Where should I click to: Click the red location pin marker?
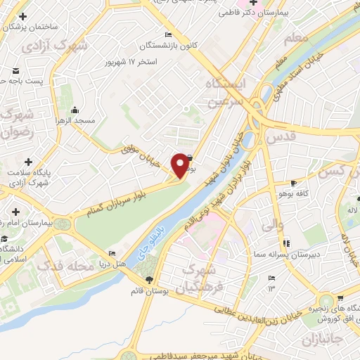point(181,164)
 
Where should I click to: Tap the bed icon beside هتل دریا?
point(112,253)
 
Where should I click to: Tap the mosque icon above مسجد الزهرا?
point(75,110)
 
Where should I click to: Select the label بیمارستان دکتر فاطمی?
point(260,13)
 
